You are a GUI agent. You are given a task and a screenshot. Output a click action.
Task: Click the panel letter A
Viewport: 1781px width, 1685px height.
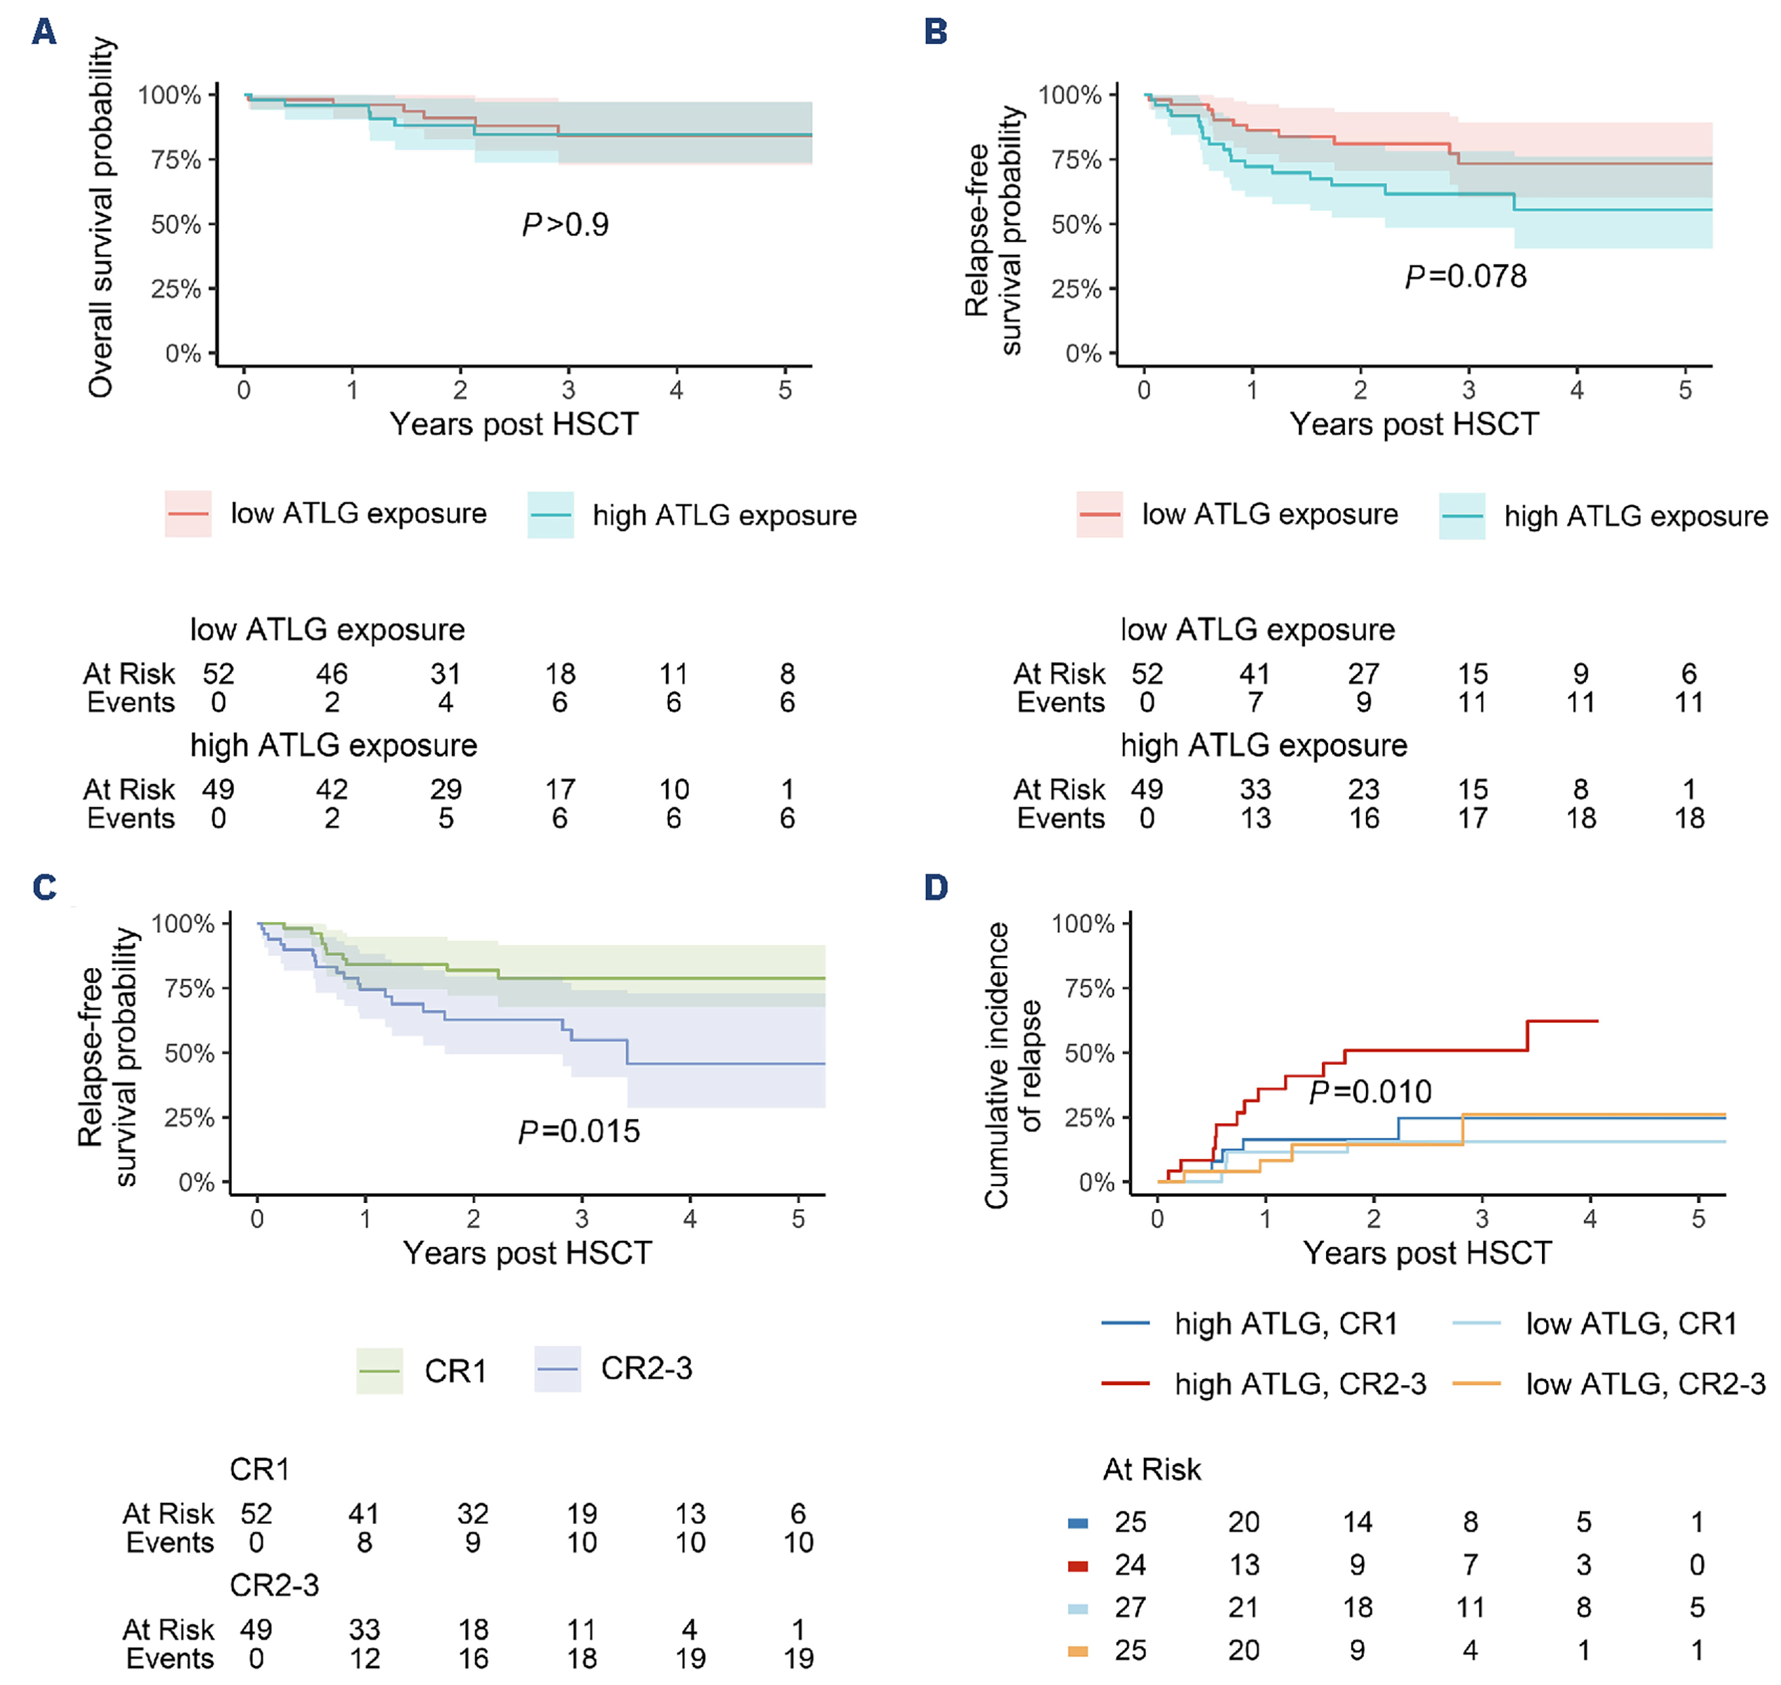pos(43,32)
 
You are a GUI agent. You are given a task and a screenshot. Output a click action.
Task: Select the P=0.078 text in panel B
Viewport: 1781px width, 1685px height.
pos(1466,277)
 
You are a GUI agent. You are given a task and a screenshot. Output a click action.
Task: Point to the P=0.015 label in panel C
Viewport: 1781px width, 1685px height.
pos(579,1132)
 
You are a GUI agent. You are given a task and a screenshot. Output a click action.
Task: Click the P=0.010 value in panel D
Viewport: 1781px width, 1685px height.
pos(1370,1092)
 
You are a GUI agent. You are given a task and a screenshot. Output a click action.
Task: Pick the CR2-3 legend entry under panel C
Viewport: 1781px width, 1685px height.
pos(646,1368)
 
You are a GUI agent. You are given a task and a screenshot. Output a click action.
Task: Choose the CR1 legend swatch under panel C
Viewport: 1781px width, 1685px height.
pos(379,1370)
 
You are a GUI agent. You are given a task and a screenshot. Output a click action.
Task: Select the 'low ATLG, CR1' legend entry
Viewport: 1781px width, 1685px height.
pos(1630,1323)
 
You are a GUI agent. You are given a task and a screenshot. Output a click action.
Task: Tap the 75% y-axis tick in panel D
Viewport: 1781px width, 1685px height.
pos(1089,989)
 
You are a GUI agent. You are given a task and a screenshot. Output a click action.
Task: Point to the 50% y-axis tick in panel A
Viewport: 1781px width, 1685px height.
pos(176,224)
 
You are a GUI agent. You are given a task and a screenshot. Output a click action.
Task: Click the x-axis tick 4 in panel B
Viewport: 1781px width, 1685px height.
pos(1576,390)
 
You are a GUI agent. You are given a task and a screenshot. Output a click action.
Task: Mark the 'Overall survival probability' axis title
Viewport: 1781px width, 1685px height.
pos(101,217)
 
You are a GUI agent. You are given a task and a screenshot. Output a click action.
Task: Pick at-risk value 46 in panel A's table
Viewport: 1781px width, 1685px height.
pos(332,673)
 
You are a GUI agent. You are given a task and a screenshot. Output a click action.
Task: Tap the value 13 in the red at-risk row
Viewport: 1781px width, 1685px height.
pos(1243,1564)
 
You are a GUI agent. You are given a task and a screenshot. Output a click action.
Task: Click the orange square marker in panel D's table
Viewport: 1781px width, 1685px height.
pos(1077,1651)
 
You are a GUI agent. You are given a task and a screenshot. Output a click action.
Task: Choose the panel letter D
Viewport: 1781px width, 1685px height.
pos(936,888)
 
